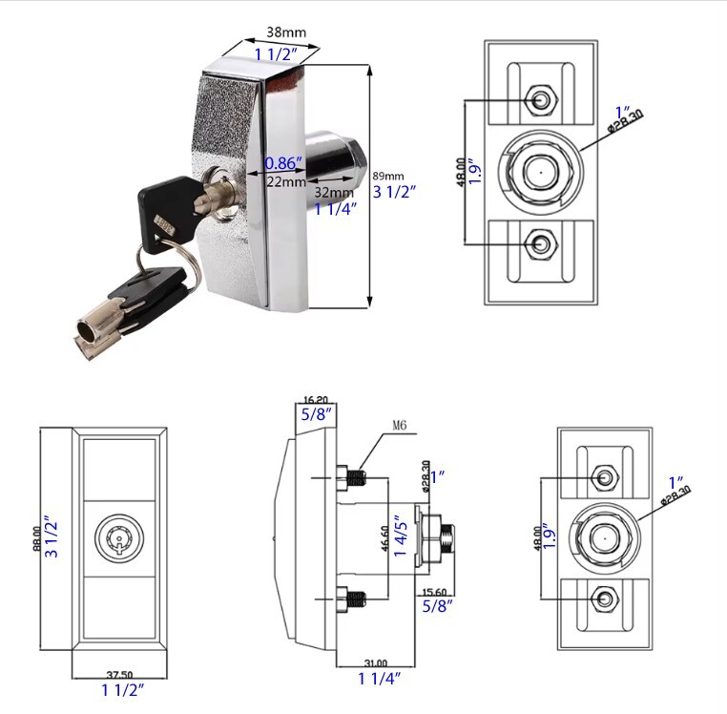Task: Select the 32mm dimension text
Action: pos(333,191)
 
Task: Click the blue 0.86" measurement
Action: pos(283,162)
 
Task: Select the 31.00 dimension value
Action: pos(376,662)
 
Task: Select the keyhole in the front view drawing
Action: pos(119,544)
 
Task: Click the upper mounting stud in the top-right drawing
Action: pos(540,99)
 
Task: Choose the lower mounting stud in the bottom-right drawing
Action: pos(604,598)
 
